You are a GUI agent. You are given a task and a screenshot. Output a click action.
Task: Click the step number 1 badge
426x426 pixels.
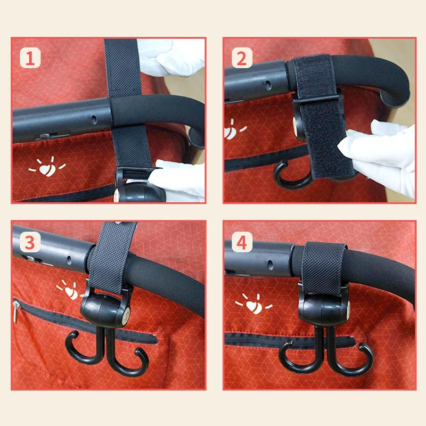30,58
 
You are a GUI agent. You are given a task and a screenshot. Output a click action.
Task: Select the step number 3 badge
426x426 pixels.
30,242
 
